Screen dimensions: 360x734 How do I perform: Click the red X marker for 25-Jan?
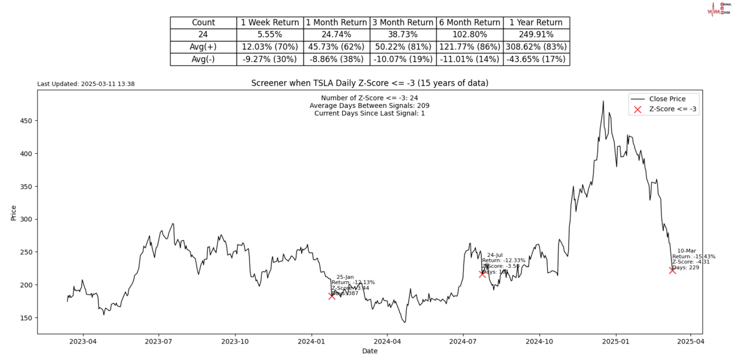point(332,296)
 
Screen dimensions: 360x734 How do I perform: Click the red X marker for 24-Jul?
point(482,274)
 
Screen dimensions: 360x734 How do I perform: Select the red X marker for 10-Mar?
point(673,270)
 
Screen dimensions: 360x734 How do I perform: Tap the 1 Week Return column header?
point(270,23)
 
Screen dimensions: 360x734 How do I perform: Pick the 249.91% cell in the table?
point(536,35)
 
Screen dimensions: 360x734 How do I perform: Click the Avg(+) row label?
point(203,47)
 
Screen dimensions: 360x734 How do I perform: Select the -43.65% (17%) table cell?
point(536,59)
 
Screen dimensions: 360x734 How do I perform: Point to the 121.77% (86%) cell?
point(469,47)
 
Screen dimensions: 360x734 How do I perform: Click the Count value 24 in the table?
point(203,35)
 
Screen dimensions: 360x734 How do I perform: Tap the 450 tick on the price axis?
point(27,121)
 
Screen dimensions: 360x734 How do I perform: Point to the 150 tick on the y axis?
point(27,318)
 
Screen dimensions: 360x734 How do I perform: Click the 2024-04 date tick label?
point(387,342)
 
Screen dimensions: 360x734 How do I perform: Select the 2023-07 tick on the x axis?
point(159,342)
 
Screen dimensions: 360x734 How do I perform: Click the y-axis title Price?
point(14,212)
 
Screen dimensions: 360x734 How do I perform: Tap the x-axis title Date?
point(370,351)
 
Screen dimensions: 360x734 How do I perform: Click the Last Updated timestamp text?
point(86,84)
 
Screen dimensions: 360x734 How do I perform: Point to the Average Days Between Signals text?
point(369,106)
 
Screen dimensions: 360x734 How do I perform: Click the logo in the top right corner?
point(718,9)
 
